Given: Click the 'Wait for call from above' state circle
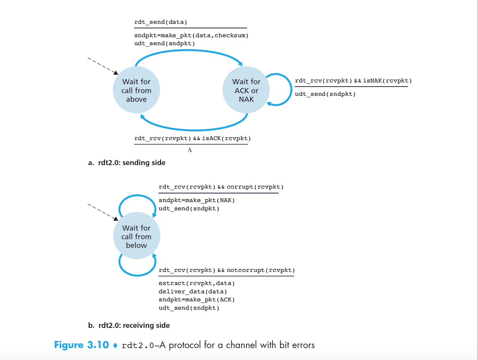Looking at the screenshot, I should pos(136,90).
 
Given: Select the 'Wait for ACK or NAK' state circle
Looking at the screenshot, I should pos(246,90).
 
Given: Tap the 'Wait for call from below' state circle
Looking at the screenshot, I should pos(136,236).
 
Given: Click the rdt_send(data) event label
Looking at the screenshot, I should pos(161,22).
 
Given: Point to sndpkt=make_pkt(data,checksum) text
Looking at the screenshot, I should pos(191,35).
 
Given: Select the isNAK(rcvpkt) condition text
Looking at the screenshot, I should pos(387,81).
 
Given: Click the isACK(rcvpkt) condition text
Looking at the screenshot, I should pos(226,139).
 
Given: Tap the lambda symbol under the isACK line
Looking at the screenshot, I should pos(190,150).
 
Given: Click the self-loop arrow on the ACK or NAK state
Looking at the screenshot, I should pos(290,90).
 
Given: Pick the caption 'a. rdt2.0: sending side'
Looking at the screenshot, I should pos(127,163).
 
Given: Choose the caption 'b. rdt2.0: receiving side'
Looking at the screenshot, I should pos(129,325).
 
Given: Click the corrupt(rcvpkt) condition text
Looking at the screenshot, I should pos(255,187).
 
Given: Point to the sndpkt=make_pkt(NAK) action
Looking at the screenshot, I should pos(197,201).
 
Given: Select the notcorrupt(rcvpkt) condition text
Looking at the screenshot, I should pos(261,270).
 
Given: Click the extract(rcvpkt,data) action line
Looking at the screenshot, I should pos(197,283).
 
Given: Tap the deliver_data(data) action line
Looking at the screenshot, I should pos(193,292).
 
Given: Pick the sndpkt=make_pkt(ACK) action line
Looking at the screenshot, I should pos(197,300).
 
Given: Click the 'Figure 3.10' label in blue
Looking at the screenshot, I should pos(81,345).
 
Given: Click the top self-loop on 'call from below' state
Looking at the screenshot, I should pos(137,196).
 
